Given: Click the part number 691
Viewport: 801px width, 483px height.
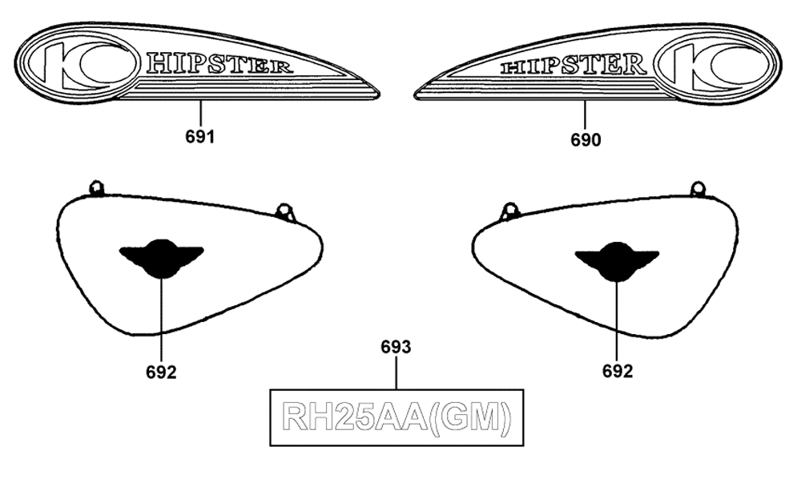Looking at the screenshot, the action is tap(199, 137).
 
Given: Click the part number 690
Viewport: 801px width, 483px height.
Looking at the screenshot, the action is tap(586, 140).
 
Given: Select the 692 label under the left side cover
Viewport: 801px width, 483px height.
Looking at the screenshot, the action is tap(161, 372).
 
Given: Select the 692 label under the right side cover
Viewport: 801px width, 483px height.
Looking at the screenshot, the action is tap(617, 372).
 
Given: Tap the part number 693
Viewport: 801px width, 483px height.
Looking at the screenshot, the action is tap(396, 347).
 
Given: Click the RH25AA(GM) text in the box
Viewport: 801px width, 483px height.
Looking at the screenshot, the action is tap(396, 417).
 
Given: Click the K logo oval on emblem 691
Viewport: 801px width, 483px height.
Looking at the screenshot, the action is tap(82, 63).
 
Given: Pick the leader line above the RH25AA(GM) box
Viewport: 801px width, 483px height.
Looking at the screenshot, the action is tap(396, 372).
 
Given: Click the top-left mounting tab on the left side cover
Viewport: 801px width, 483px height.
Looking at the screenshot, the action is tap(96, 188).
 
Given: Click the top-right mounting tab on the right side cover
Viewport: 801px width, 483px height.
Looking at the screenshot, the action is tap(698, 189).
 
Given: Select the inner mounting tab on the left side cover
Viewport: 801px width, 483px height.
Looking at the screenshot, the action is tap(285, 212).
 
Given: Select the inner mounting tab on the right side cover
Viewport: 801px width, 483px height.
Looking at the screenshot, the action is tap(509, 211).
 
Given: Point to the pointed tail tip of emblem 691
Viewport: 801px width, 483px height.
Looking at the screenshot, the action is tap(379, 94).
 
